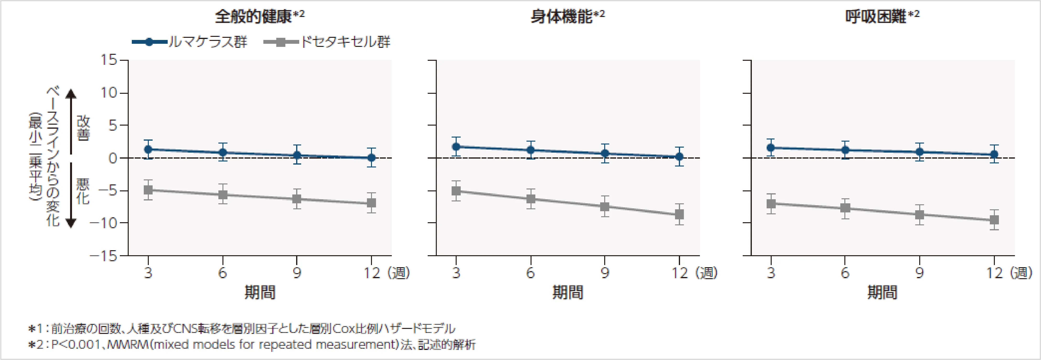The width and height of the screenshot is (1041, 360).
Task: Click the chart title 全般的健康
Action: click(x=253, y=17)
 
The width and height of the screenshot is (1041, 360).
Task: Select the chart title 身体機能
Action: click(x=561, y=17)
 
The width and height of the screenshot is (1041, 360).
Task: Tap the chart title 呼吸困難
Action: click(x=876, y=17)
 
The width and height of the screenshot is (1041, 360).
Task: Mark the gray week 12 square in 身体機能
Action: click(x=679, y=214)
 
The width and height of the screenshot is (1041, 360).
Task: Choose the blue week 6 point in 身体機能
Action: click(x=531, y=150)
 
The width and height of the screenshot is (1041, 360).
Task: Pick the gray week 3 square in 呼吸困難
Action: click(x=771, y=204)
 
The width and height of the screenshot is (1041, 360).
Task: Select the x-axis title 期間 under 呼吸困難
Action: click(x=882, y=292)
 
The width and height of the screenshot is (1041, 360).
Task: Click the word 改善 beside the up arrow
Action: click(x=83, y=128)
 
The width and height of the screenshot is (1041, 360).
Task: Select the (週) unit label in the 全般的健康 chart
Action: click(x=399, y=273)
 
